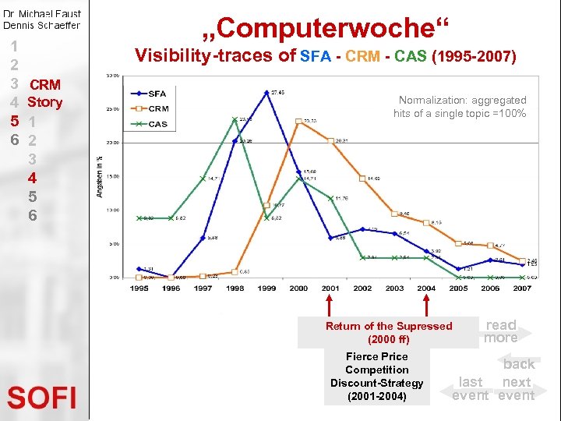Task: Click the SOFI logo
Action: (x=42, y=398)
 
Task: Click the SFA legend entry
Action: (x=157, y=94)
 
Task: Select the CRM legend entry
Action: (x=158, y=108)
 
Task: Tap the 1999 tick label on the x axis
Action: (x=267, y=288)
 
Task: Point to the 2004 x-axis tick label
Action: (x=426, y=288)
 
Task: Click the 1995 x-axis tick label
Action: (x=139, y=288)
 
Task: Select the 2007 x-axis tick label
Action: (x=522, y=288)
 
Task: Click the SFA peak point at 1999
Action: (x=267, y=93)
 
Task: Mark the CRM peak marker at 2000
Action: (x=299, y=121)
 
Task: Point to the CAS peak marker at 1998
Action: (x=235, y=119)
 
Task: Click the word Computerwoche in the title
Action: (x=326, y=29)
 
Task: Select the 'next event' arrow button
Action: (x=517, y=387)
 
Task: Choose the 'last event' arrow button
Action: (x=470, y=387)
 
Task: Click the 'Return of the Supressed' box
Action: (x=388, y=333)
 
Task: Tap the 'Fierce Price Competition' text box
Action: (x=377, y=377)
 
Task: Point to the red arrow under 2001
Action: (x=330, y=305)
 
